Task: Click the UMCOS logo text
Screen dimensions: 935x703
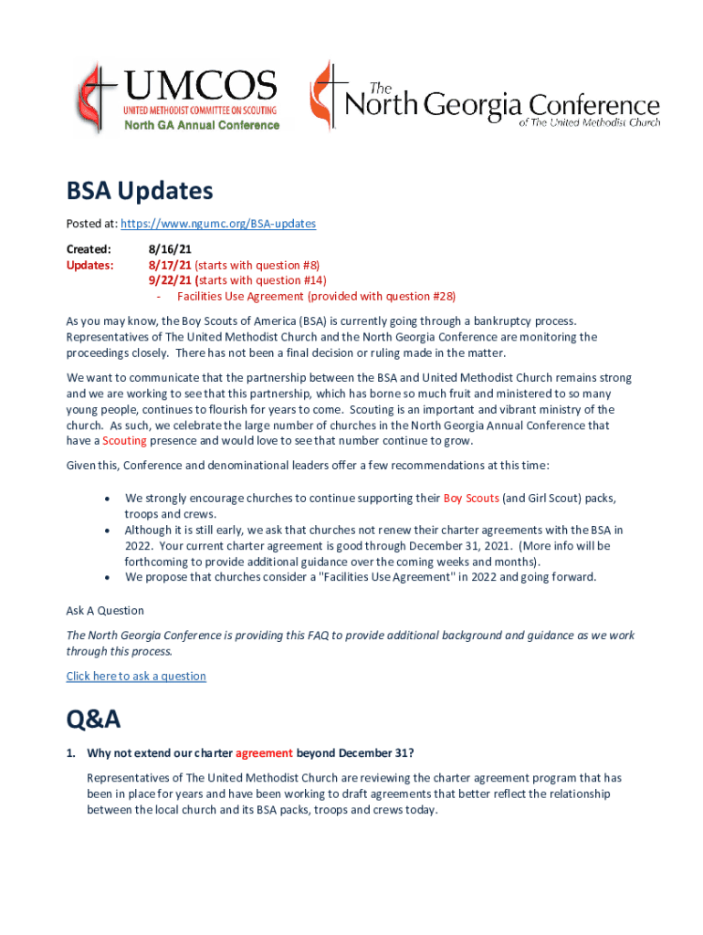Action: [x=200, y=87]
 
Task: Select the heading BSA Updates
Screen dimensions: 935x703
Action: [x=139, y=191]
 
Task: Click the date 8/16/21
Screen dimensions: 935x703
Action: [x=170, y=248]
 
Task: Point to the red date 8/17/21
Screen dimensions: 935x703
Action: [x=170, y=265]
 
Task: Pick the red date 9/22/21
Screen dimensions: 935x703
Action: [x=170, y=280]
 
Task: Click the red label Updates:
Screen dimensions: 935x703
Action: [x=89, y=265]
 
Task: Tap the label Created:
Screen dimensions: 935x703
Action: [x=89, y=248]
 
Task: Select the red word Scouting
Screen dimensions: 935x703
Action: [x=124, y=441]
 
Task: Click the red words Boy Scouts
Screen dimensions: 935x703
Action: [x=470, y=499]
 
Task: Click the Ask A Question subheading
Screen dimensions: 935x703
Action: [x=105, y=611]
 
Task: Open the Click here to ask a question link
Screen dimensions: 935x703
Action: [x=136, y=677]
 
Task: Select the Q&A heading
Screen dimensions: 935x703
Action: [x=93, y=720]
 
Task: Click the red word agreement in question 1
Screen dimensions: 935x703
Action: [x=264, y=753]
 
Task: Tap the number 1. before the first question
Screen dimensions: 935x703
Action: [x=71, y=753]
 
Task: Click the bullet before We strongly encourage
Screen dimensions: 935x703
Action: [x=109, y=499]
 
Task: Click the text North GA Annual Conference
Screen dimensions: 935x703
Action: [x=202, y=125]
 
